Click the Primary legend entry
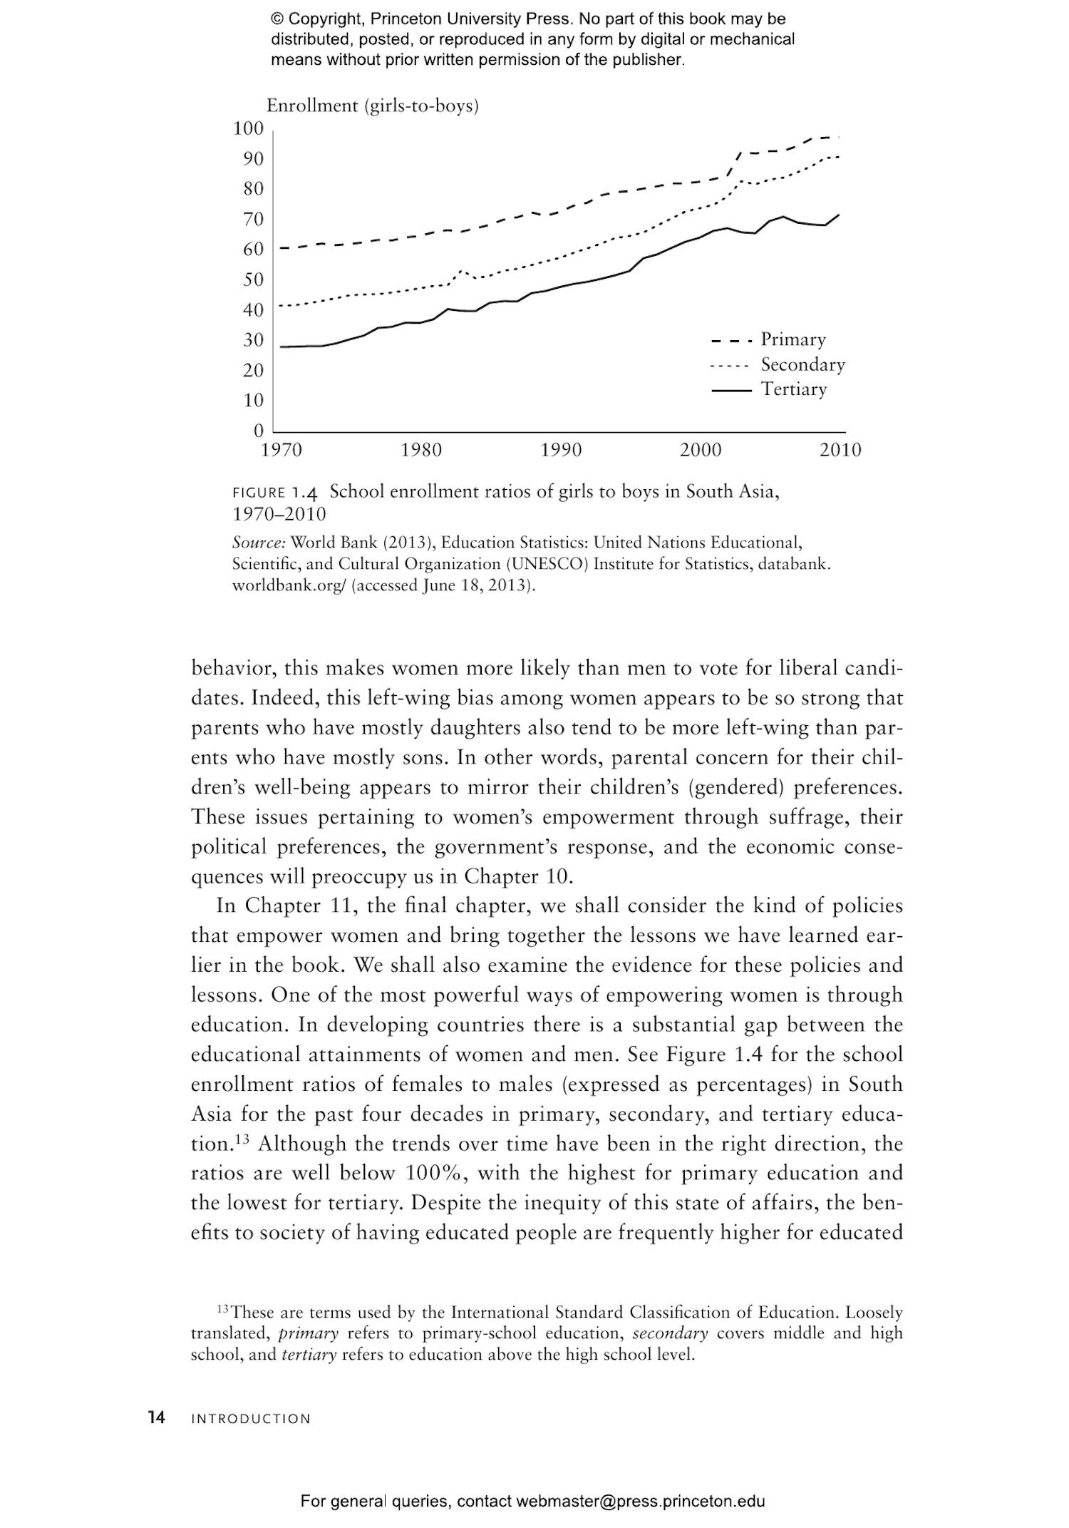[792, 339]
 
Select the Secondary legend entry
[802, 364]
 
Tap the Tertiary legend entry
[793, 389]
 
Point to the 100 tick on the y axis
[248, 128]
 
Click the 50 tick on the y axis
[253, 280]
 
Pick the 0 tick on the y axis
[258, 431]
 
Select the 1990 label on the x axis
[561, 450]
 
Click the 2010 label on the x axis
[840, 450]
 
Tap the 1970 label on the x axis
[282, 450]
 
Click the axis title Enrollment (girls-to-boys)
[372, 106]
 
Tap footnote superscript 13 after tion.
[242, 1139]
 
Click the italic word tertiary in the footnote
[309, 1354]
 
